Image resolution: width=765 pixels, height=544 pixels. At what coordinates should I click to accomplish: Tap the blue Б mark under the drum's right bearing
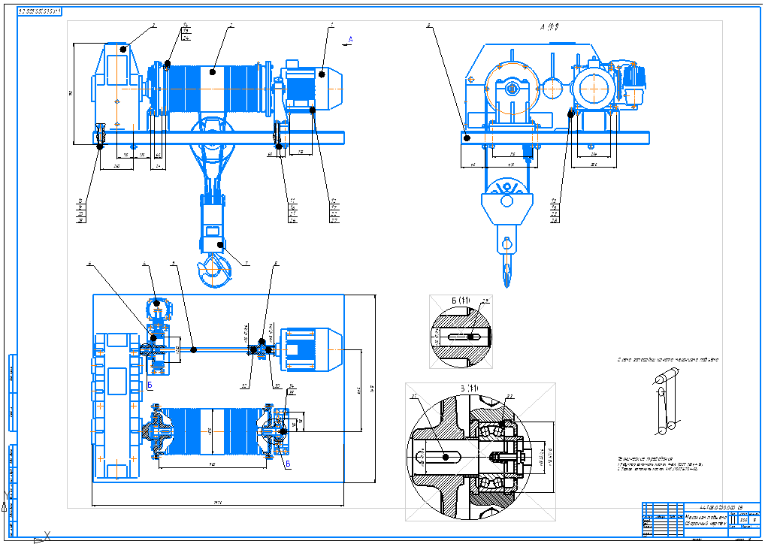tap(286, 464)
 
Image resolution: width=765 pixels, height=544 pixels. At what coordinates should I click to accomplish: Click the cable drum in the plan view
tap(213, 432)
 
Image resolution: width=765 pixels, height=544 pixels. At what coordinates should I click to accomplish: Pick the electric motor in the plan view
tap(310, 350)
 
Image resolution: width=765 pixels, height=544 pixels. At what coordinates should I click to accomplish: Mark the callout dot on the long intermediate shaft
tap(193, 349)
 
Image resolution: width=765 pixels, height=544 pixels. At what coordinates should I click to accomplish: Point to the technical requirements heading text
tap(634, 457)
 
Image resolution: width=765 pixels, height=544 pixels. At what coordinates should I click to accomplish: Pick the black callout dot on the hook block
tap(220, 244)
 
